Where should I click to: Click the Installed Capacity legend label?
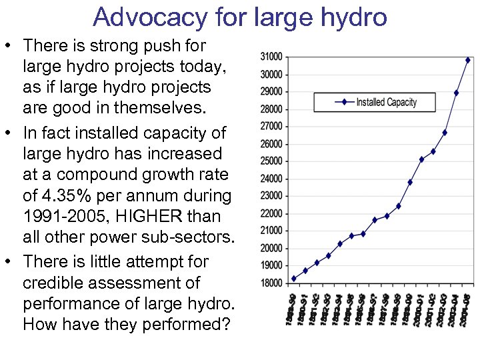tap(386, 102)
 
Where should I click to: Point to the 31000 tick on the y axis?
tap(271, 56)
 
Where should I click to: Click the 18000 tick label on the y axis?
tap(271, 283)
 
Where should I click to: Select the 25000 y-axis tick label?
tap(271, 161)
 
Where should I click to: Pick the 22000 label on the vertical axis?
tap(271, 213)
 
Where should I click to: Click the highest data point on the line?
tap(468, 60)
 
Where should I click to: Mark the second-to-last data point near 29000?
tap(456, 93)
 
